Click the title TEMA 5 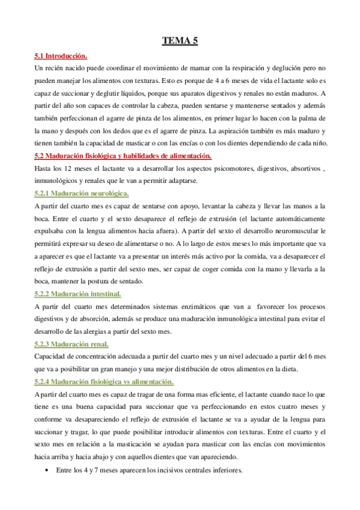(x=180, y=41)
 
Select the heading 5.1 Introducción (x=61, y=57)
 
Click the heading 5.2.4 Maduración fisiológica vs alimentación (x=105, y=381)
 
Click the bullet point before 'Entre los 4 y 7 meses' (x=47, y=470)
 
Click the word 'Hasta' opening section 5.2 (x=44, y=168)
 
